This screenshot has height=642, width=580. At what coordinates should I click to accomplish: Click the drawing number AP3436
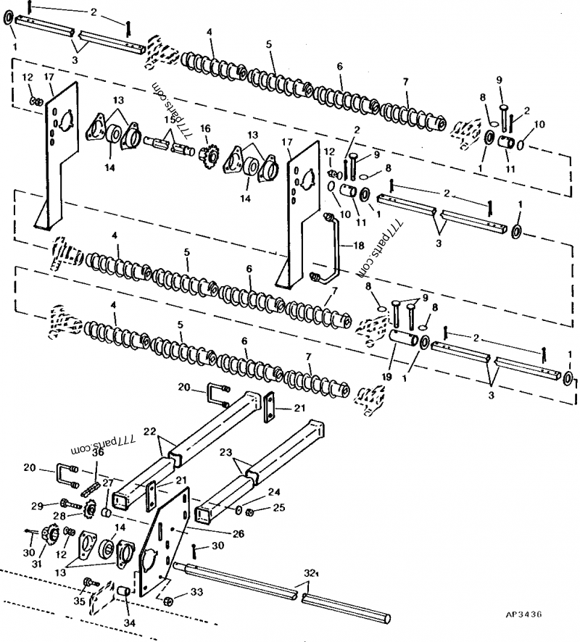pyautogui.click(x=523, y=615)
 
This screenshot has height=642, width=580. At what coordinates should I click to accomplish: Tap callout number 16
pyautogui.click(x=205, y=128)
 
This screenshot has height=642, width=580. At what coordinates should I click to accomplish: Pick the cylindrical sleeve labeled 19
pyautogui.click(x=403, y=338)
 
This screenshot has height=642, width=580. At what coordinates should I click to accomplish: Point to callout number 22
pyautogui.click(x=149, y=431)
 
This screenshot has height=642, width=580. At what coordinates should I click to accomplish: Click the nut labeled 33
pyautogui.click(x=167, y=601)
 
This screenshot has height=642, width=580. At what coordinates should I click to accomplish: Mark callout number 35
pyautogui.click(x=79, y=600)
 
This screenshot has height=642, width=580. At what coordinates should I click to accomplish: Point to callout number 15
pyautogui.click(x=168, y=119)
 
